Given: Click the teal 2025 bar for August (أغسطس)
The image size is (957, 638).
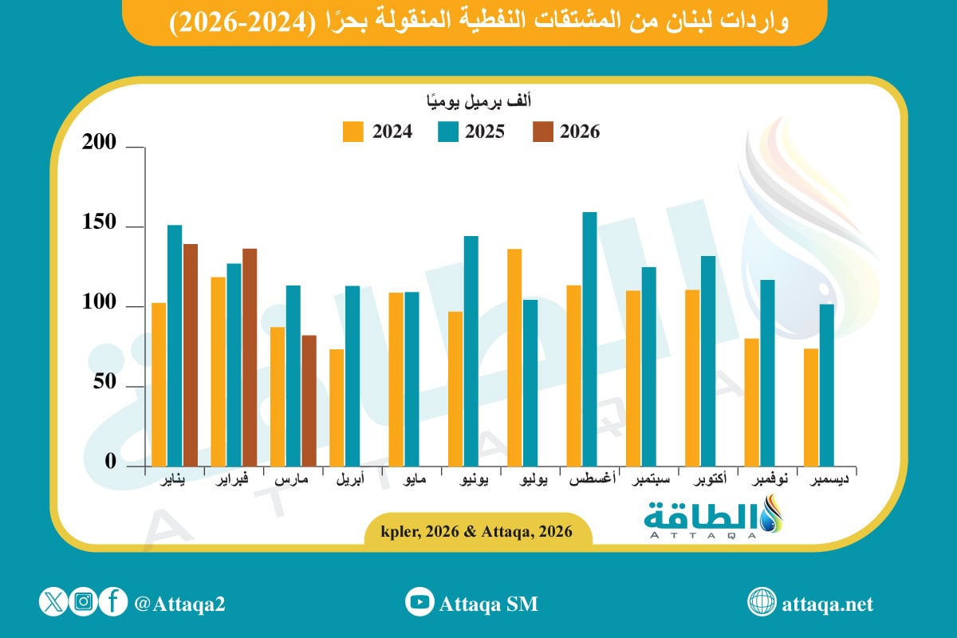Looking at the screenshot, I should tap(589, 339).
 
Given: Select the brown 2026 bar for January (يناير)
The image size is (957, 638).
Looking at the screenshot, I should tap(190, 355).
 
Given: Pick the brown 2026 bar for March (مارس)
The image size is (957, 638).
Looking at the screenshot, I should tap(309, 400).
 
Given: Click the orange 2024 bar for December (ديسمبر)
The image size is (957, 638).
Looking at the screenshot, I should tap(811, 407).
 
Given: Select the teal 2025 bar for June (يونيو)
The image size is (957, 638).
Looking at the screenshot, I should tap(471, 351).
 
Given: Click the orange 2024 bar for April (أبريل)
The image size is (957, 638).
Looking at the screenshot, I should tap(337, 408).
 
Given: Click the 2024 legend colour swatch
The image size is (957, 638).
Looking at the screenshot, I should tap(352, 132).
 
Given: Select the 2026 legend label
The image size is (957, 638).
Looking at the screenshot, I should tap(580, 132).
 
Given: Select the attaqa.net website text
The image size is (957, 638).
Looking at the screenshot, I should tap(829, 604).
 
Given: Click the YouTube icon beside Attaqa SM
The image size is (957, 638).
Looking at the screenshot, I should tap(418, 603).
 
